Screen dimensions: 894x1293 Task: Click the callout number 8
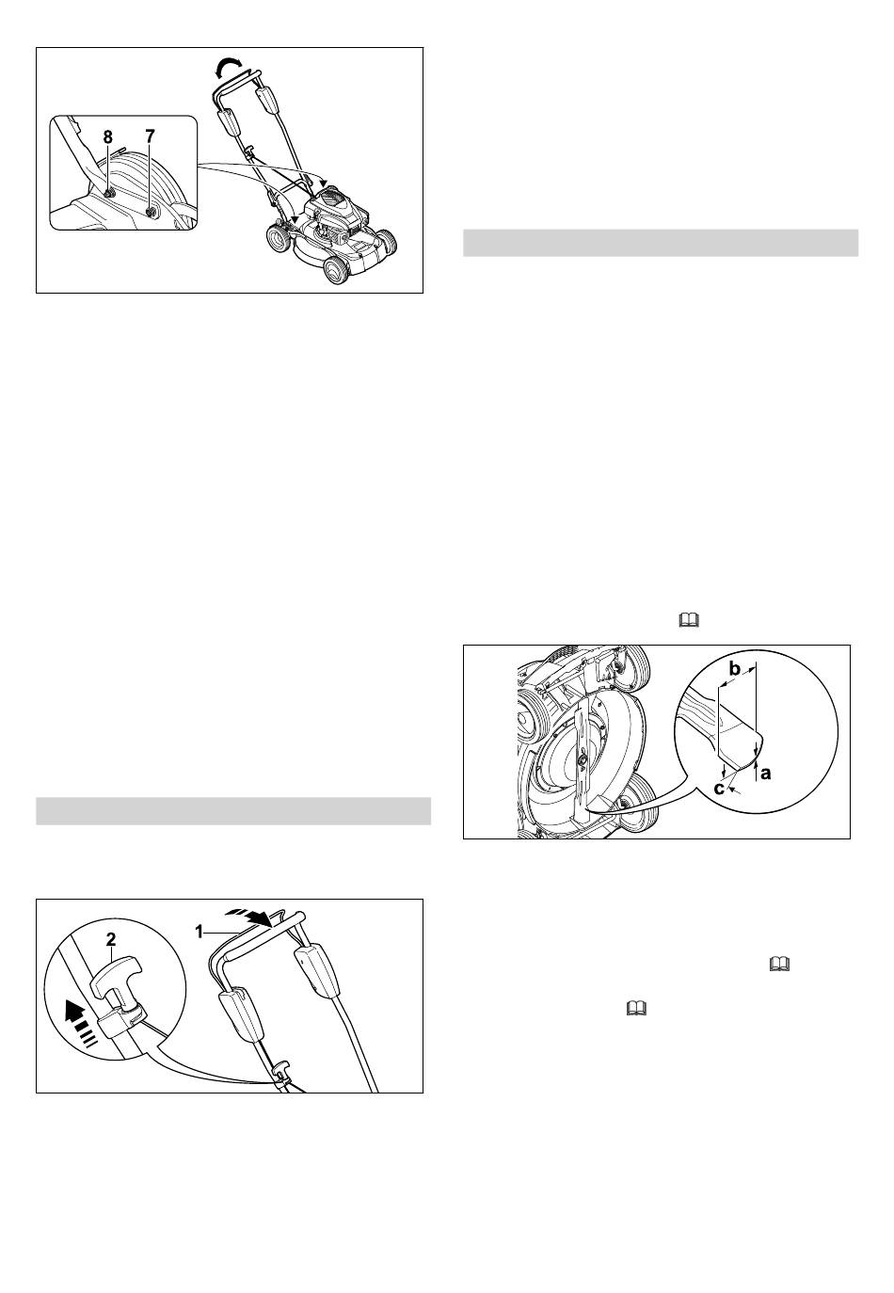point(108,136)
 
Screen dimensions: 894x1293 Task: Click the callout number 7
point(150,136)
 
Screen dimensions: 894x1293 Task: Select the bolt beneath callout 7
point(152,213)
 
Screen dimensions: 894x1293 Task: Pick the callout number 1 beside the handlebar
point(200,932)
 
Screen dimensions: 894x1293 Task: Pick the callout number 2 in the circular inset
point(111,939)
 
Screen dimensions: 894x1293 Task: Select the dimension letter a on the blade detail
point(765,773)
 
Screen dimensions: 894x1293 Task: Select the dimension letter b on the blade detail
point(735,669)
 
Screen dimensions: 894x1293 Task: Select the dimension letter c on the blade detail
point(719,788)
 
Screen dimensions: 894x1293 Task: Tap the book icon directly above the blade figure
point(689,620)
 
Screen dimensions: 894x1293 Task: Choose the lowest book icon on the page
point(635,1009)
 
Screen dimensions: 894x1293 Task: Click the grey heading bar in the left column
point(233,811)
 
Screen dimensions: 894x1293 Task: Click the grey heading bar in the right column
point(661,243)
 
